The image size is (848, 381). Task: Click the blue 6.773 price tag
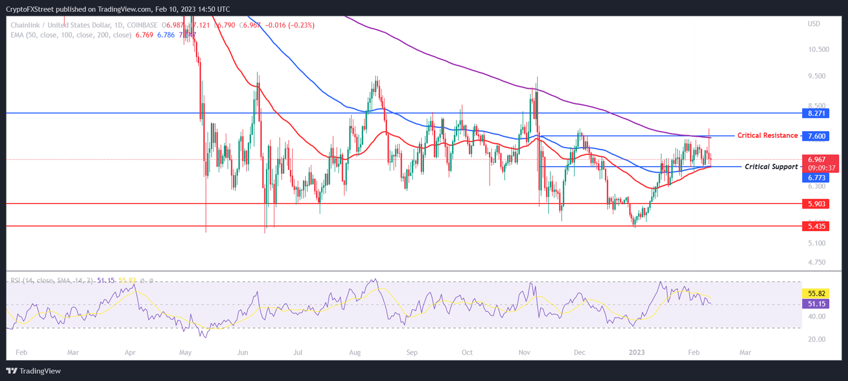(x=814, y=178)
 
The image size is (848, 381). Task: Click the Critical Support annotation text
(x=771, y=167)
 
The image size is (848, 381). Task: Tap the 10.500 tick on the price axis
(x=818, y=49)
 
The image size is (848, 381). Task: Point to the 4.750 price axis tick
(x=817, y=262)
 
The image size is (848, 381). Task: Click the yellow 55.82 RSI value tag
(x=814, y=294)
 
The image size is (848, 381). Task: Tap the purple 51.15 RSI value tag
(x=814, y=304)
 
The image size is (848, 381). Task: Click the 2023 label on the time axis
(x=637, y=352)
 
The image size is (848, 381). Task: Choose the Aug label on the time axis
(x=355, y=352)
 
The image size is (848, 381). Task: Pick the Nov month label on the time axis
(x=525, y=352)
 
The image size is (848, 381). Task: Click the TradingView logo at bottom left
(x=34, y=371)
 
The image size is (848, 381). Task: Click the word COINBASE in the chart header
(x=142, y=25)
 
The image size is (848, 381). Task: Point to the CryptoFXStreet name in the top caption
(x=30, y=9)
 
